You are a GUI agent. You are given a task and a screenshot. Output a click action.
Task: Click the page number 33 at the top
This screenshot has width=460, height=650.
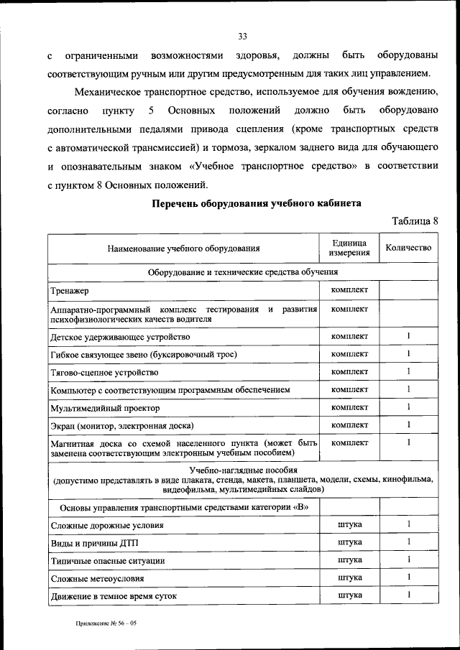point(242,37)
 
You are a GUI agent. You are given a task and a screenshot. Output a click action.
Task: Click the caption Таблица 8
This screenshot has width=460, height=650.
point(414,220)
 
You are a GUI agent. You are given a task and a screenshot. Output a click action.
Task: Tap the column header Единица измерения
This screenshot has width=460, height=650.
point(349,248)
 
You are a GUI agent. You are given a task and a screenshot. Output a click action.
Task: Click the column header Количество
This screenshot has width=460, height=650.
point(408,248)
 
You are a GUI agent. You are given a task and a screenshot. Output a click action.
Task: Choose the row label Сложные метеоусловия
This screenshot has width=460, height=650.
point(97,577)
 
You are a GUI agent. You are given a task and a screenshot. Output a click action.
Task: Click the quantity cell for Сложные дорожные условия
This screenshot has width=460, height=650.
point(408,524)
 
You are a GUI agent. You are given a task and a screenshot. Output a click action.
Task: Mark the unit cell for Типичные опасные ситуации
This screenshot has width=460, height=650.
point(349,560)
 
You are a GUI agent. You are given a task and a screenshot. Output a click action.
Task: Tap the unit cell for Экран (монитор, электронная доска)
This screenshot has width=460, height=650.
point(349,424)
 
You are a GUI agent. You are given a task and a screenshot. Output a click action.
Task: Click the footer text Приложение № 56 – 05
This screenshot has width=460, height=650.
point(106,623)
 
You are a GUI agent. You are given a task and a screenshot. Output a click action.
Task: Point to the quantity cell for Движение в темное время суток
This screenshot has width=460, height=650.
point(408,595)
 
